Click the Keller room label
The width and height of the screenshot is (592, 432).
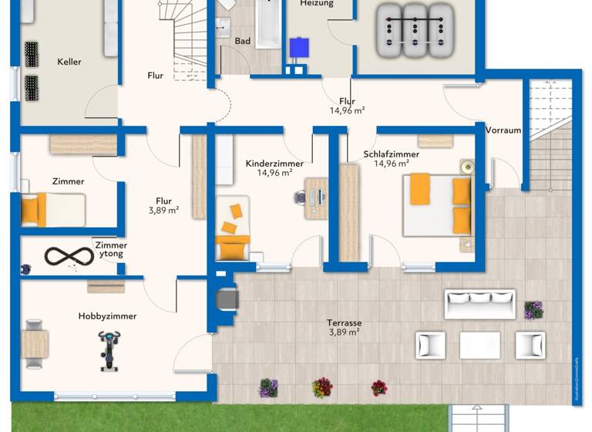(69, 62)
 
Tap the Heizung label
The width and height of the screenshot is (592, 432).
(317, 4)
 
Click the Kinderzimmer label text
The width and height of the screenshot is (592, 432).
(274, 164)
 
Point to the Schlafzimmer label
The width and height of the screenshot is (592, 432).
(391, 154)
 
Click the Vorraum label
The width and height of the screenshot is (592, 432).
(503, 130)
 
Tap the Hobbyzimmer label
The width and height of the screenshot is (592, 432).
(107, 316)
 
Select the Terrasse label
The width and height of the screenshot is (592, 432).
(344, 323)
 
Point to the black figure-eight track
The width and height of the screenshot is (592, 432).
(68, 255)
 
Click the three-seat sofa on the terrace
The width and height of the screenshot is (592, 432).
(479, 304)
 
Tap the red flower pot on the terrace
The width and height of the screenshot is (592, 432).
(378, 387)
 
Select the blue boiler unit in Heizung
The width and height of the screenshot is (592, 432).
(298, 47)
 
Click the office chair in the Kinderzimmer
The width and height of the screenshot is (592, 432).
(300, 197)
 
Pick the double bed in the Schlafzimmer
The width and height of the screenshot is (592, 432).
(437, 204)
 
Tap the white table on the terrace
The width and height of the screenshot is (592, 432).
(479, 345)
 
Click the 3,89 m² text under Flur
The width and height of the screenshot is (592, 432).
(163, 210)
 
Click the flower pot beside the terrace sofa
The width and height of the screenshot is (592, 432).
(533, 310)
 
